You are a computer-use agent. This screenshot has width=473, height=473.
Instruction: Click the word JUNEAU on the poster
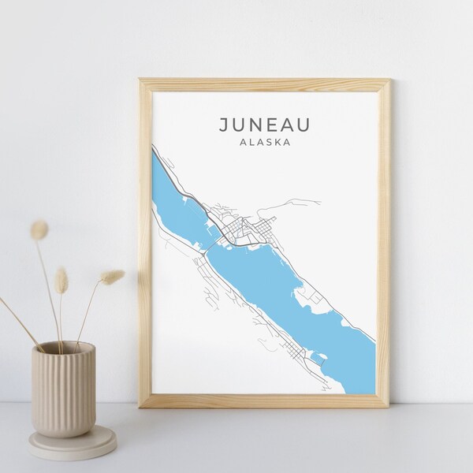[264, 124]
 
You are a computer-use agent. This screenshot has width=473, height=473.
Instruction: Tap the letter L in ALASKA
[252, 143]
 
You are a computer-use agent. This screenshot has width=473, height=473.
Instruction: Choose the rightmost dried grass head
[113, 277]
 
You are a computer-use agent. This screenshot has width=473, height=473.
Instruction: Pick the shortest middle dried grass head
[61, 279]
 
